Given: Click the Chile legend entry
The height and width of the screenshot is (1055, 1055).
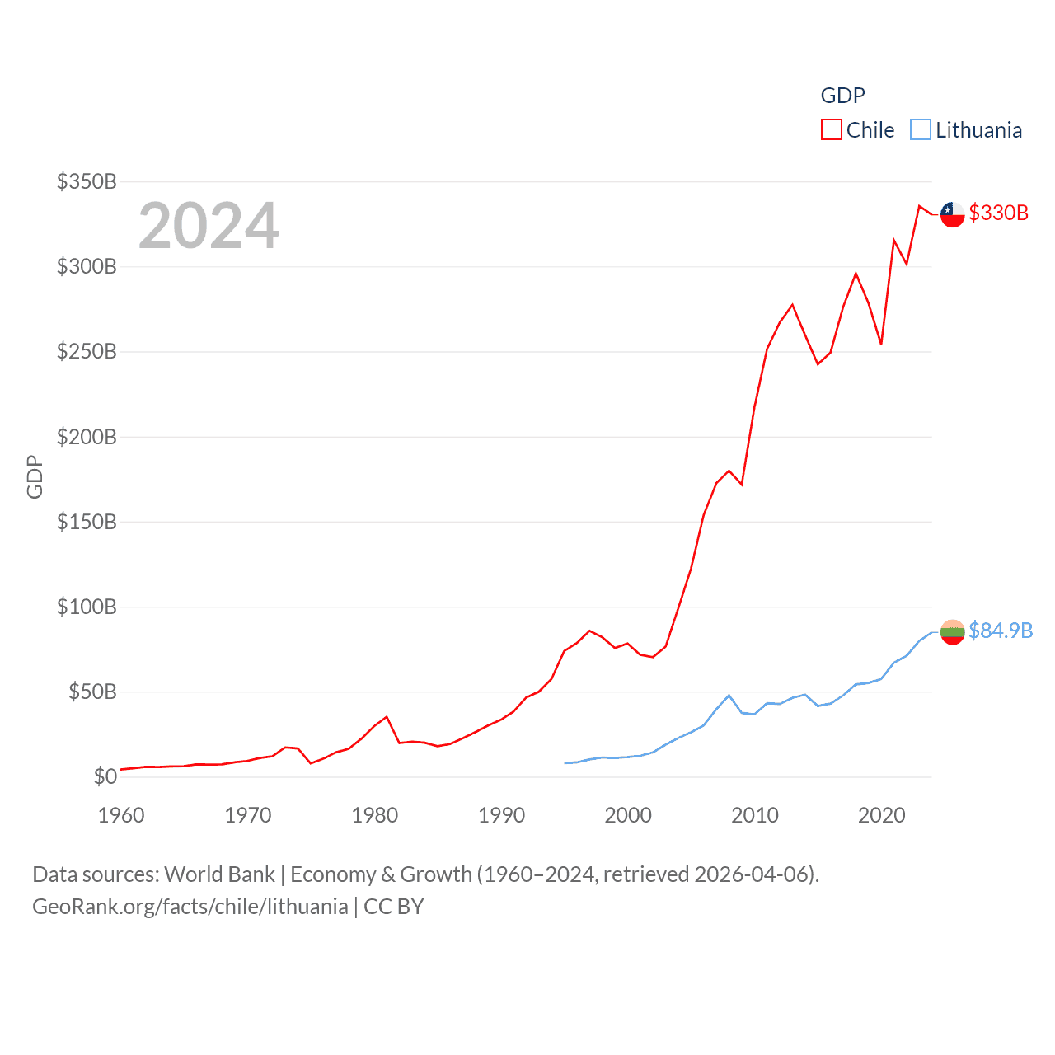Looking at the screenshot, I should pyautogui.click(x=858, y=130).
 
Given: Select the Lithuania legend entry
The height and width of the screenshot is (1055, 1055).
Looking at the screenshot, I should pyautogui.click(x=966, y=130).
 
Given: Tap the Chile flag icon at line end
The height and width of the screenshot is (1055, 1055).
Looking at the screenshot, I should pyautogui.click(x=952, y=214).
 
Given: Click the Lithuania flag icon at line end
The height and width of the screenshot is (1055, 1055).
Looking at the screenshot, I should pyautogui.click(x=952, y=632).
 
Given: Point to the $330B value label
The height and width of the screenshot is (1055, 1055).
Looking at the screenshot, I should pyautogui.click(x=998, y=213).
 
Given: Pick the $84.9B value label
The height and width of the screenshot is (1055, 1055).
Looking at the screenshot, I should pyautogui.click(x=1000, y=631).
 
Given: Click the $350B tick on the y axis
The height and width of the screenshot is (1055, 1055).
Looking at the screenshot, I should pyautogui.click(x=87, y=181).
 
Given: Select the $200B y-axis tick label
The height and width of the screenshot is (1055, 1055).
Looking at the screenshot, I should pyautogui.click(x=87, y=437).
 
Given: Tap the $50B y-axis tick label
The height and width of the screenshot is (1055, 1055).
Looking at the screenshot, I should pyautogui.click(x=92, y=692).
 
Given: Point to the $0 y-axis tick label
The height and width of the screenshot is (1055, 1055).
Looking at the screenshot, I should pyautogui.click(x=105, y=776).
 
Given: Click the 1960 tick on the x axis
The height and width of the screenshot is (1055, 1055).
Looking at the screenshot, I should pyautogui.click(x=121, y=815).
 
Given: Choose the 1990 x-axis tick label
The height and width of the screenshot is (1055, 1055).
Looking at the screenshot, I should pyautogui.click(x=501, y=815).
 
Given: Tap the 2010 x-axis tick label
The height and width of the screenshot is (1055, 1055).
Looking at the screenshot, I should pyautogui.click(x=755, y=815).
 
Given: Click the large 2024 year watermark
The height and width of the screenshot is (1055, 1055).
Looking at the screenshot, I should pyautogui.click(x=209, y=226).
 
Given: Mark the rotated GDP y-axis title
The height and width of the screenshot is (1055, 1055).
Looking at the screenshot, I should pyautogui.click(x=35, y=476).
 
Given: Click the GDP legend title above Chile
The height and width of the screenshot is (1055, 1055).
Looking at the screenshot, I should pyautogui.click(x=842, y=96).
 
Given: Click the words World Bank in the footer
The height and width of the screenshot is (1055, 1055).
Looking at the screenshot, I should pyautogui.click(x=220, y=874).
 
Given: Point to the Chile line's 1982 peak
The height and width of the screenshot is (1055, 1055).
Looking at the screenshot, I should pyautogui.click(x=387, y=717).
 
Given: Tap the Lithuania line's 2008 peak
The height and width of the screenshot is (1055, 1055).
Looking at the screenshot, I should pyautogui.click(x=729, y=696).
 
